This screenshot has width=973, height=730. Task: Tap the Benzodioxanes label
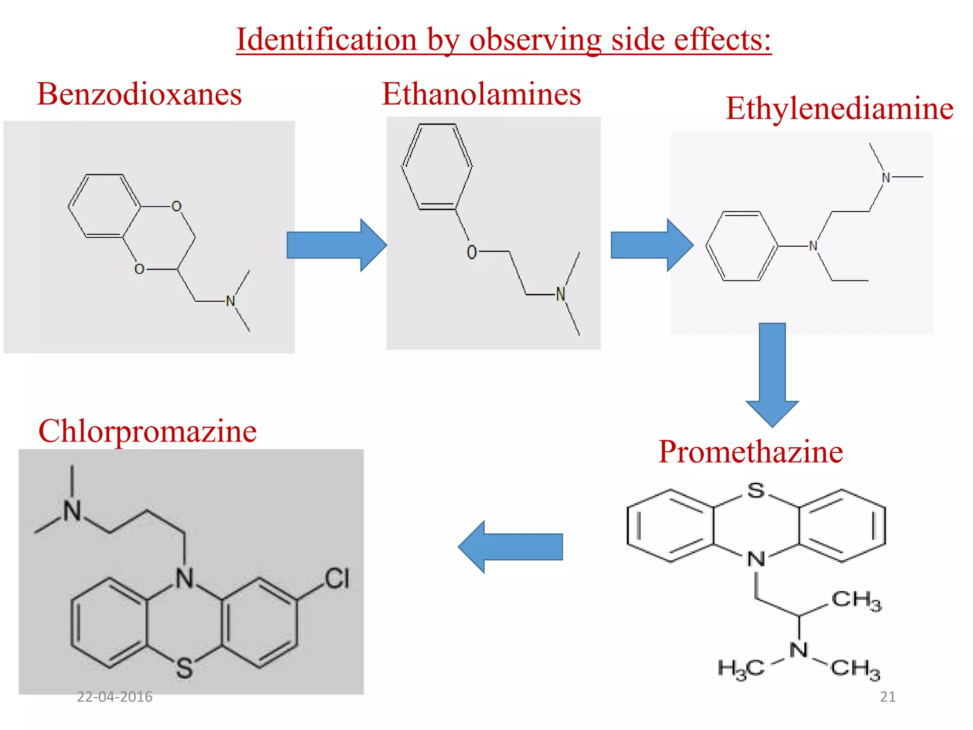140,94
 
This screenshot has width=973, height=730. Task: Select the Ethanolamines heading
481,94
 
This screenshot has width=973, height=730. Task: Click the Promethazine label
751,451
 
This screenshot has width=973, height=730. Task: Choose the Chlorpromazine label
147,432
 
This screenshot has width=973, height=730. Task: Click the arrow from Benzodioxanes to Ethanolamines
337,245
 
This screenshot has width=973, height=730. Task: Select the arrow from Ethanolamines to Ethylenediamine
652,245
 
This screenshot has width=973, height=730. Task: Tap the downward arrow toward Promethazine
772,375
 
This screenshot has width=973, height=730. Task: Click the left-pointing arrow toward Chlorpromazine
510,547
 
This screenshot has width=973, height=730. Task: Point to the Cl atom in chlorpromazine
337,578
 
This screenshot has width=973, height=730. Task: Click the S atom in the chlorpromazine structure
184,668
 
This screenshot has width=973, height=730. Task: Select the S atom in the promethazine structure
756,490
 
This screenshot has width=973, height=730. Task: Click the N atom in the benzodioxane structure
230,301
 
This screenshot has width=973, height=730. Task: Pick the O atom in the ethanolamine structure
471,252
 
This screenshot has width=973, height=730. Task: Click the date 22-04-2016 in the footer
114,697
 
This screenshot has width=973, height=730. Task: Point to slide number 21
887,697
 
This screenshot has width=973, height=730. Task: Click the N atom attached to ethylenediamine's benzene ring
813,246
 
